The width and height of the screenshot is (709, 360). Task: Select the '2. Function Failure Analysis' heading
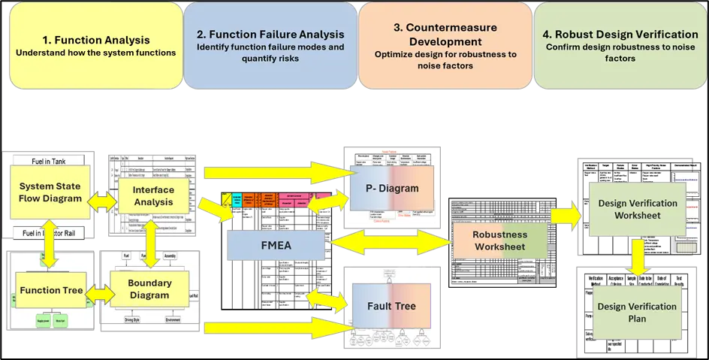(x=270, y=34)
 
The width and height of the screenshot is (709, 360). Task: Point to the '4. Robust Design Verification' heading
(x=620, y=34)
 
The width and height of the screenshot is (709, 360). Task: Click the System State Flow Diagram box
(x=50, y=192)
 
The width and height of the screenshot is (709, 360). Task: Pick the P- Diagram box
(x=388, y=189)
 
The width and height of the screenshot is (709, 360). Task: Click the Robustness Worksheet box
(x=490, y=241)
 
